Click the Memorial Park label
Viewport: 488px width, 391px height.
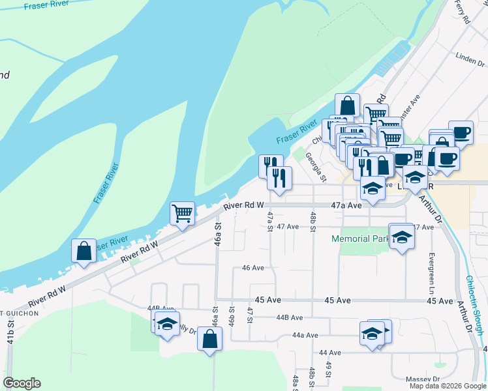click(x=359, y=239)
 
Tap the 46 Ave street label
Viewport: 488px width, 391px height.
click(x=252, y=268)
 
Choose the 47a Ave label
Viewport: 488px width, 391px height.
click(x=346, y=205)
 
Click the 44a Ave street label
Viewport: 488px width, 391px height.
click(x=305, y=335)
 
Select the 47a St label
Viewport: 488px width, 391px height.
click(x=269, y=220)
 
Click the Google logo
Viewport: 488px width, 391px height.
click(x=22, y=383)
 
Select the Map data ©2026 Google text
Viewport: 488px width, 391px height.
click(x=448, y=386)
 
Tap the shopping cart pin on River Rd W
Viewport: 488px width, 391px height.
click(x=183, y=212)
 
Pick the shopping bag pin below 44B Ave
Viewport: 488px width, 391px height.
click(x=209, y=339)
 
